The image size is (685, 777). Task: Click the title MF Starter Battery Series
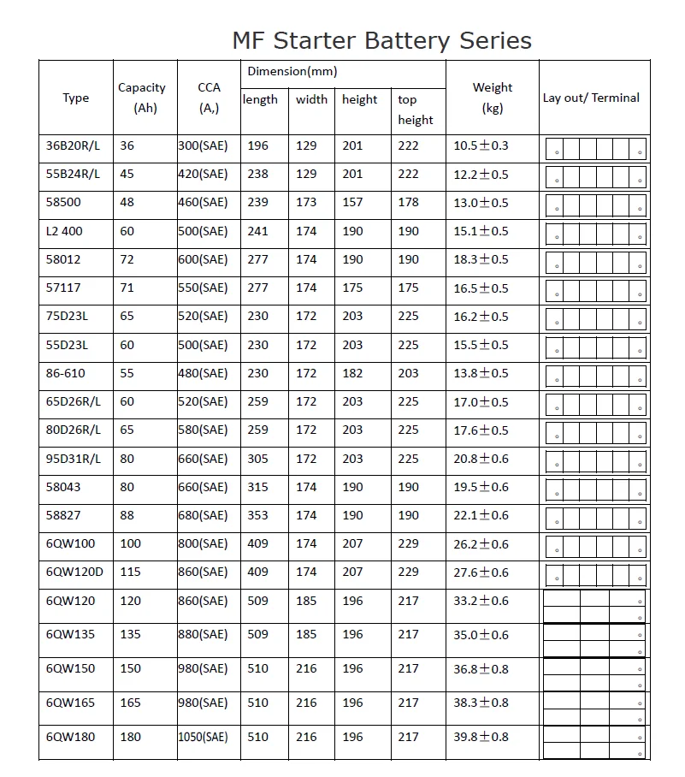pos(381,40)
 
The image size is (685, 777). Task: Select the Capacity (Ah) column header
pos(141,98)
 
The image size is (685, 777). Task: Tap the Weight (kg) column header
pos(493,98)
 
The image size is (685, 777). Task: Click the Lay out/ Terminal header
pos(591,98)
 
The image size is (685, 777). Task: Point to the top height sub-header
pos(416,110)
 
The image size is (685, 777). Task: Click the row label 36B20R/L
pos(73,145)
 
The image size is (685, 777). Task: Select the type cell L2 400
pos(64,231)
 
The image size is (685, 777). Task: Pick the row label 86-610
pos(65,373)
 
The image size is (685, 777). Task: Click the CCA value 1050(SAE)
pos(203,737)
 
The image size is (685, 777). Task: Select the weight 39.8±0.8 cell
pos(481,737)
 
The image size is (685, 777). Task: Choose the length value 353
pos(257,515)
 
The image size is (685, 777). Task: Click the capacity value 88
pos(127,515)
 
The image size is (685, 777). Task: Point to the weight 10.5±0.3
pos(481,145)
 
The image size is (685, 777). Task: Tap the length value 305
pos(257,459)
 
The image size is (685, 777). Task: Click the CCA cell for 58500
pos(203,203)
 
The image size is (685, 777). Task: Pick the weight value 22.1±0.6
pos(481,515)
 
